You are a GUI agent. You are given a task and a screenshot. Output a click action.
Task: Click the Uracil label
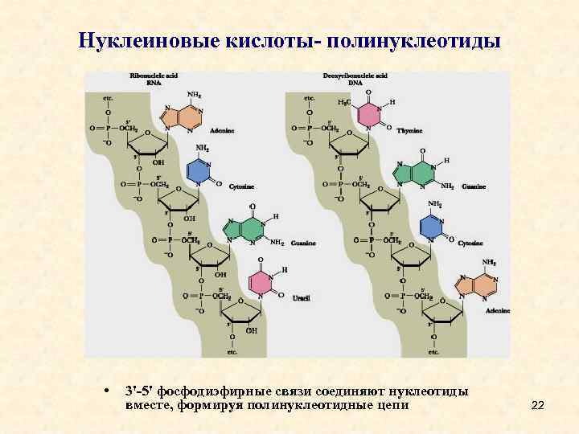301,298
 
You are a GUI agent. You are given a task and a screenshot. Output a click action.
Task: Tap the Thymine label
409,129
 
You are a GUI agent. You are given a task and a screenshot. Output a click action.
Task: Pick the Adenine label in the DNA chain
498,309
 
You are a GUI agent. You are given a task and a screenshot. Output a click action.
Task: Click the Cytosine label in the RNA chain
240,186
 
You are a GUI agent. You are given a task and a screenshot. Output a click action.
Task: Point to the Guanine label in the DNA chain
474,186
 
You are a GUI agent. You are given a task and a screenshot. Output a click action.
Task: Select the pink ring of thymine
368,116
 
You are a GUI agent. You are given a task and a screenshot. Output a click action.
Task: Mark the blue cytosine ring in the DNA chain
433,227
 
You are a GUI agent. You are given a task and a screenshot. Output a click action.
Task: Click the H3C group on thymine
344,103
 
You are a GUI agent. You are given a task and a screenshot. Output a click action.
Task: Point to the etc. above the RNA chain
108,98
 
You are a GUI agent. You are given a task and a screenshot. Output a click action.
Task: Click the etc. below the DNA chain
433,352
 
